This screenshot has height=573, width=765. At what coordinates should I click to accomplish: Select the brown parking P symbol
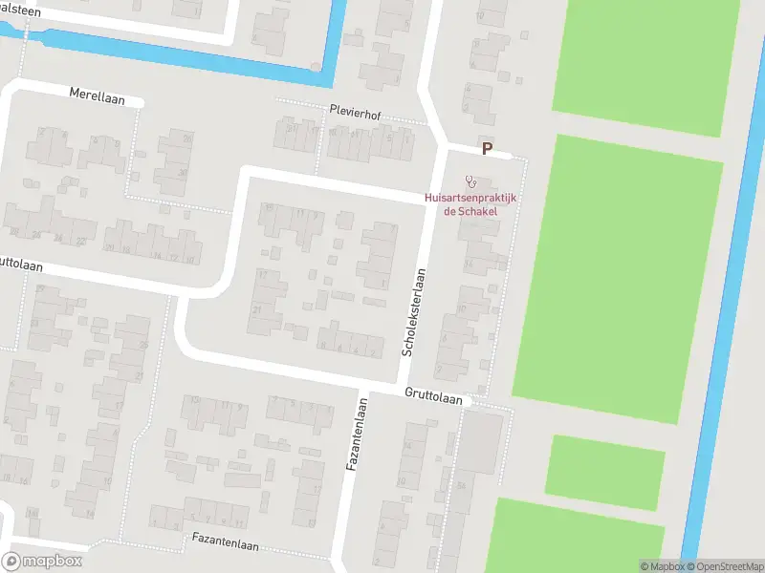click(x=487, y=149)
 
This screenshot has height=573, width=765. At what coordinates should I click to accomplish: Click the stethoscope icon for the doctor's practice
click(x=470, y=180)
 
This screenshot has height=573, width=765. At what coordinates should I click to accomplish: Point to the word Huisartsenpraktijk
click(x=470, y=199)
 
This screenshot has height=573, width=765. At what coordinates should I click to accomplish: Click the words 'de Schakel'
click(x=470, y=211)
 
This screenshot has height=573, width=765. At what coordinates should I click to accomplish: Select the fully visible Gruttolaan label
click(x=432, y=393)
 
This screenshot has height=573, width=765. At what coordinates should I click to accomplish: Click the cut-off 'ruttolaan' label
click(x=18, y=261)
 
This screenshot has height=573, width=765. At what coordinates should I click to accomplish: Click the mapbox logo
click(x=42, y=562)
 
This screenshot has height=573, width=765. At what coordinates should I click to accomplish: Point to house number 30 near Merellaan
click(x=182, y=173)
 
